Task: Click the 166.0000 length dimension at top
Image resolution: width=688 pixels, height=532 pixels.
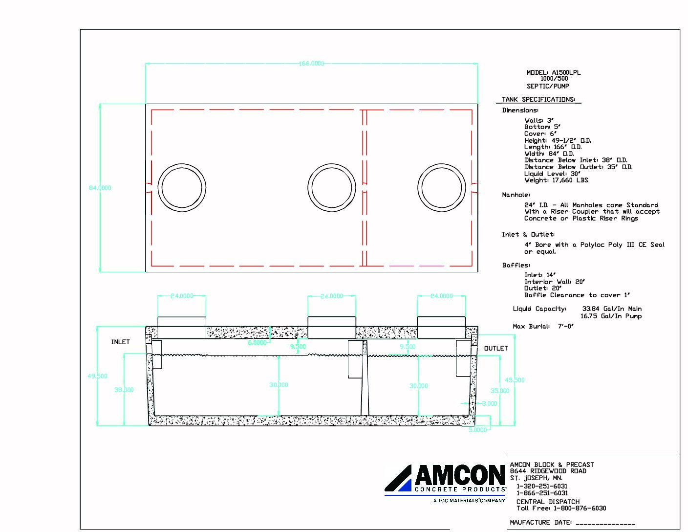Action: click(311, 64)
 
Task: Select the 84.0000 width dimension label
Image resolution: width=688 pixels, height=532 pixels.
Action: click(100, 188)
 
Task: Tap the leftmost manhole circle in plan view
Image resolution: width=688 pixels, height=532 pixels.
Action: click(182, 188)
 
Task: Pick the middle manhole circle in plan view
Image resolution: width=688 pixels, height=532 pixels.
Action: click(331, 188)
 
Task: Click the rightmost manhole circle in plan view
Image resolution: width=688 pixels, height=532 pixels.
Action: click(441, 188)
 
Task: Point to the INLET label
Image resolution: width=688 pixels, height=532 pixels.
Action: click(120, 342)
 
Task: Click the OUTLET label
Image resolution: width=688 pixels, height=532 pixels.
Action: click(495, 348)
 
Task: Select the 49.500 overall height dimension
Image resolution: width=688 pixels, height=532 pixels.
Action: click(97, 376)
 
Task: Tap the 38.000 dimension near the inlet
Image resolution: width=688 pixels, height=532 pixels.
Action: click(124, 390)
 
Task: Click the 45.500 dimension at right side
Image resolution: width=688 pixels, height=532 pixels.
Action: click(515, 380)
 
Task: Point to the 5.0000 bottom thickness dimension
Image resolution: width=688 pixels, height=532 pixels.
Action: click(477, 430)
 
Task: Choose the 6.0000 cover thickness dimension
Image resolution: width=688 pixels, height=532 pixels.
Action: click(257, 343)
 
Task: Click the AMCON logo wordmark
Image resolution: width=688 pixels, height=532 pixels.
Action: click(459, 475)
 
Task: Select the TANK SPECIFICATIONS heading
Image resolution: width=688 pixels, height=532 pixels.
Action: click(538, 99)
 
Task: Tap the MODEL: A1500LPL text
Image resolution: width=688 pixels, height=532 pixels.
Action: click(553, 72)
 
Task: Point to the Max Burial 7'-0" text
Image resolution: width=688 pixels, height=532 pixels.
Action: click(543, 326)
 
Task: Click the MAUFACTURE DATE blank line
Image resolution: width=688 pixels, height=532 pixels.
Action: click(605, 523)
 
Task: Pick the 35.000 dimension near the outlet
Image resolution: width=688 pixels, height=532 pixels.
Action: click(500, 391)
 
